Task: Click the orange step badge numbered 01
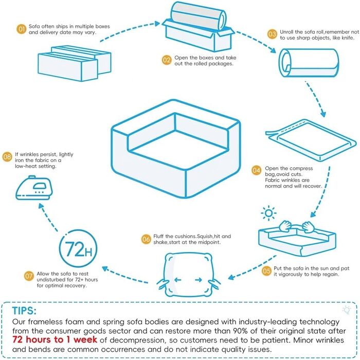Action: coord(22,29)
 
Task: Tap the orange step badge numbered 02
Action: coord(167,60)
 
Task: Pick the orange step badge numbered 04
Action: coord(256,170)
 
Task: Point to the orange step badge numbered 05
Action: coord(266,270)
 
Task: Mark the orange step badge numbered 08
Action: coord(7,156)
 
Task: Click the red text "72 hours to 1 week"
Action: coord(57,339)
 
